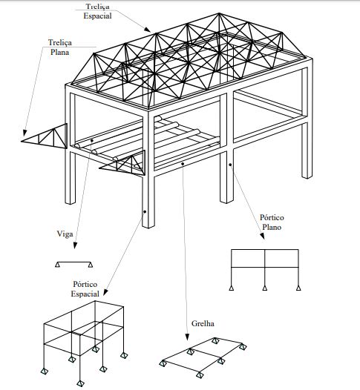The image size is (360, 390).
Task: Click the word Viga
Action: click(65, 234)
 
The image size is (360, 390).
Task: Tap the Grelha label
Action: click(203, 323)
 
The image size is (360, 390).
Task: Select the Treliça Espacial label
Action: click(97, 11)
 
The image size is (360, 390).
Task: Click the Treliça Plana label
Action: click(59, 47)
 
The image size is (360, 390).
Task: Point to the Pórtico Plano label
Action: click(272, 222)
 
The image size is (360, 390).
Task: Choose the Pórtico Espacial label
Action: click(85, 288)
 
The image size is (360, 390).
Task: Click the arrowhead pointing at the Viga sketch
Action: click(75, 245)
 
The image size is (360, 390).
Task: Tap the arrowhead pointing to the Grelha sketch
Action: click(187, 337)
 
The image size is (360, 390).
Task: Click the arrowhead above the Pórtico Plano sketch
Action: click(262, 236)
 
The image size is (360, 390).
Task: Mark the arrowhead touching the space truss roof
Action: click(148, 30)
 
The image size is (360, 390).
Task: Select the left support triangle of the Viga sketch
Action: click(57, 265)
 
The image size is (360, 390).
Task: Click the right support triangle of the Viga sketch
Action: click(91, 265)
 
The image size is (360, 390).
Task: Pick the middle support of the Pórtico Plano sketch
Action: click(265, 288)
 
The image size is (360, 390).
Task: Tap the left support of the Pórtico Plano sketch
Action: click(232, 288)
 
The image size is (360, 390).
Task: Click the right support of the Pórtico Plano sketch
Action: click(298, 288)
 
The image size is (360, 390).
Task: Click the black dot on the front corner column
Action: click(145, 211)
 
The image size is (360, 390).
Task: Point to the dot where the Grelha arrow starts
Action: click(183, 164)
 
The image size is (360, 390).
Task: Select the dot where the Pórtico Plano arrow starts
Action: click(230, 165)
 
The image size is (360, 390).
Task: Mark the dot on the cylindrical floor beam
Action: click(92, 141)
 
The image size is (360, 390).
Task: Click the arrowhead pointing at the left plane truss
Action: click(25, 133)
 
